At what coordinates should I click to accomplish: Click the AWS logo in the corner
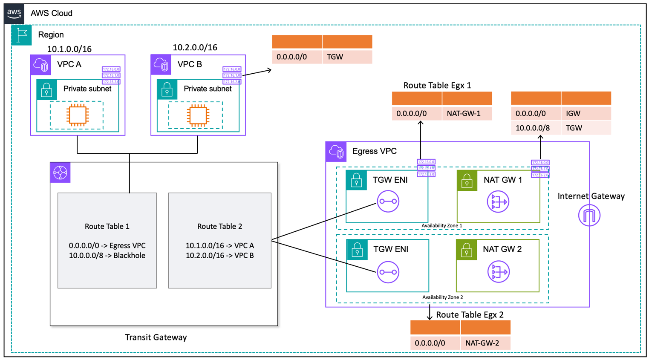[x=14, y=13]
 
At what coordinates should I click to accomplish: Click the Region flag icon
[x=21, y=35]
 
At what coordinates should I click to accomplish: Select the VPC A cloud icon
[x=40, y=65]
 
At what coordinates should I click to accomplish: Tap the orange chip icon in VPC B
[x=198, y=115]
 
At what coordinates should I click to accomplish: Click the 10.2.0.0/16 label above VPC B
[x=195, y=47]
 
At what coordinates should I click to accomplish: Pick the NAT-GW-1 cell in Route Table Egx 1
[x=467, y=113]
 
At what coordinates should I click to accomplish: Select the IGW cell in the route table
[x=586, y=113]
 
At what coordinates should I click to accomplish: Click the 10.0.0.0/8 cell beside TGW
[x=535, y=128]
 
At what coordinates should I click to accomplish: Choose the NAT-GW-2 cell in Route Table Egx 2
[x=485, y=343]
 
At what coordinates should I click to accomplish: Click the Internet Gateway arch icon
[x=589, y=215]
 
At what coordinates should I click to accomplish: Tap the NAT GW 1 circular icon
[x=498, y=202]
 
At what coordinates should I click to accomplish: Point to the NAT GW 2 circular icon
[x=498, y=272]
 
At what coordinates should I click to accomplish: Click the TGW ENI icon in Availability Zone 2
[x=388, y=272]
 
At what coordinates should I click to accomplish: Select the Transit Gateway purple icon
[x=60, y=173]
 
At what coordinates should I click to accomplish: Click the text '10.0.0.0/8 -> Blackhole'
[x=107, y=256]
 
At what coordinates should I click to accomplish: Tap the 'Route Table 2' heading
[x=219, y=226]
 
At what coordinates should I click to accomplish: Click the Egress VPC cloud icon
[x=336, y=152]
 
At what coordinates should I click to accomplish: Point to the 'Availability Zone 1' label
[x=441, y=225]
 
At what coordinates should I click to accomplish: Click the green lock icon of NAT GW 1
[x=467, y=180]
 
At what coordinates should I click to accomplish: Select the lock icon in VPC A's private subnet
[x=46, y=89]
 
